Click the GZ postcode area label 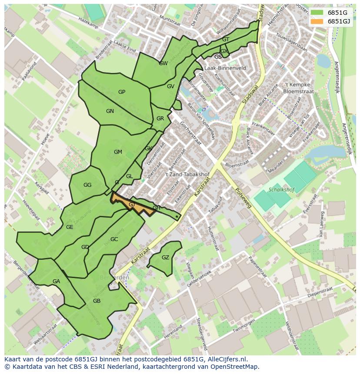165,258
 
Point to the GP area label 122,92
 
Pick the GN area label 110,111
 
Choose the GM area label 118,152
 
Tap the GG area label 87,185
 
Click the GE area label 70,227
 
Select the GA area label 56,281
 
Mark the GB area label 97,301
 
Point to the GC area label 114,239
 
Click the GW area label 163,63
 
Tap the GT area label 226,40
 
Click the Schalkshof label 281,190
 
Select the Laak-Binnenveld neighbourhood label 225,68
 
